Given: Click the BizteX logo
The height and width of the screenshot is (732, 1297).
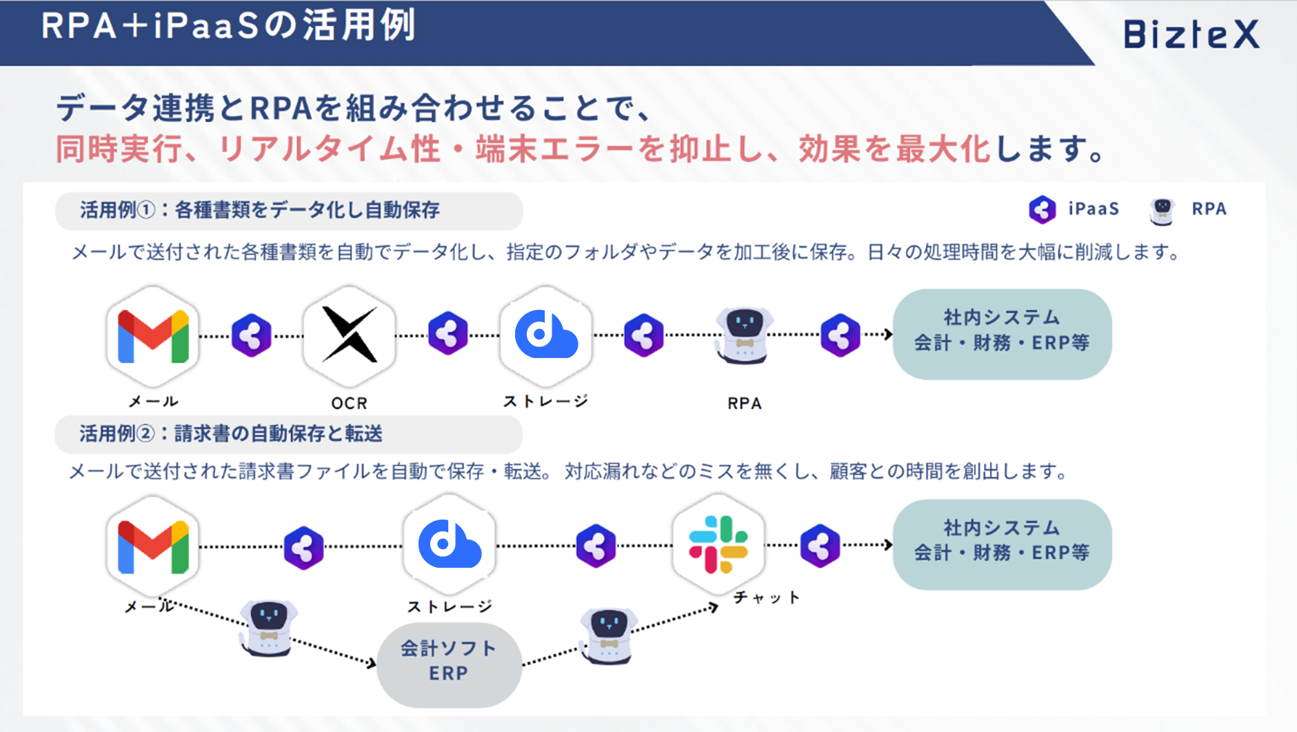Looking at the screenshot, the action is [x=1192, y=34].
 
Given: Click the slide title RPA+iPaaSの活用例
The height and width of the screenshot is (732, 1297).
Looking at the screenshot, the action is [x=228, y=26].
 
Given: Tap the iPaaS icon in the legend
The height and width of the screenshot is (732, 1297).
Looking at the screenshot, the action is [x=1042, y=209].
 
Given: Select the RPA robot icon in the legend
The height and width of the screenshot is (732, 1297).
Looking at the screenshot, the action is [x=1162, y=210].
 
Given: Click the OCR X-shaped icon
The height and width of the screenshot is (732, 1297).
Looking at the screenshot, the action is [x=350, y=335].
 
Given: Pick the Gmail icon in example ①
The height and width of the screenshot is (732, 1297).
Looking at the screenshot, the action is [x=153, y=336].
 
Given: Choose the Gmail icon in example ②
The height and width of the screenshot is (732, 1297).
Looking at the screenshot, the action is [x=153, y=547].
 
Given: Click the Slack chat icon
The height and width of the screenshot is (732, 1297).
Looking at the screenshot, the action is [x=718, y=544].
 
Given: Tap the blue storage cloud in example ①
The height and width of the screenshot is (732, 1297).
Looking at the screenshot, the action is [x=546, y=334].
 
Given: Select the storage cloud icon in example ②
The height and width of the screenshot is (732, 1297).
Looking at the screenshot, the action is [x=450, y=544].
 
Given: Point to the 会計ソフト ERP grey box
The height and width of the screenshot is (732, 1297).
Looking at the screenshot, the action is [x=449, y=664].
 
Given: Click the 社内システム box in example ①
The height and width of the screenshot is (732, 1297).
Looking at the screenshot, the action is [x=1002, y=334].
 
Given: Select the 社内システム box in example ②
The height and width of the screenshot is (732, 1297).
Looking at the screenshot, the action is [x=1002, y=544].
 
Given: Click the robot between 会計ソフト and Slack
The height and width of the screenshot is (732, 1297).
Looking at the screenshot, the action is [x=607, y=635].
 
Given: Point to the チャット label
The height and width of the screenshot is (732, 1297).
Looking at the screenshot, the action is [x=766, y=597].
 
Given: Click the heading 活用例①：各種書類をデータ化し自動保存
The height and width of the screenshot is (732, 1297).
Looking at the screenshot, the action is [x=260, y=210].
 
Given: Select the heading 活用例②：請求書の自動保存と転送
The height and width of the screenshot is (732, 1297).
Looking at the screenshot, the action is [x=231, y=433].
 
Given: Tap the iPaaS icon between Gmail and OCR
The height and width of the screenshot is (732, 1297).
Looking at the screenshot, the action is [x=251, y=335].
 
